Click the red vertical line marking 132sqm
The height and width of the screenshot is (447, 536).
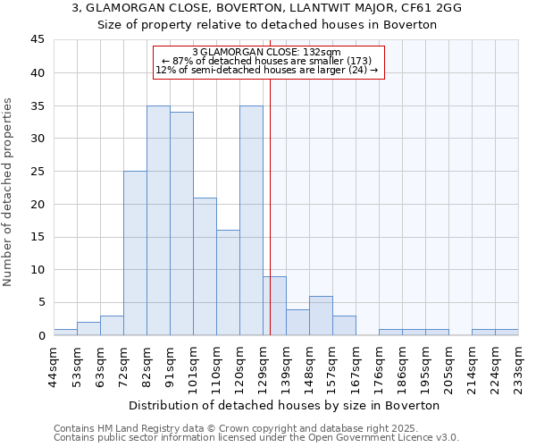(270, 206)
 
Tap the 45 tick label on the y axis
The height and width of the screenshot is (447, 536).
(37, 40)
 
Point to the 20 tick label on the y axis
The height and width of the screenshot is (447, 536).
(37, 204)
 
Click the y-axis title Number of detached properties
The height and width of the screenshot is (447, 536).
(9, 192)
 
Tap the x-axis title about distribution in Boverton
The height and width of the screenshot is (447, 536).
(284, 405)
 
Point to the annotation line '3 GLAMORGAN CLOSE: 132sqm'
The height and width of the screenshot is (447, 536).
(266, 53)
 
